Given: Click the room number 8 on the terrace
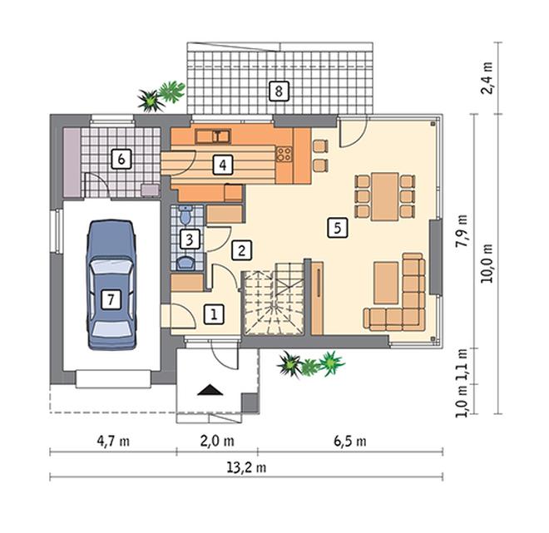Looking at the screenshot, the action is [x=279, y=91].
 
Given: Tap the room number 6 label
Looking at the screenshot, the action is [x=121, y=160].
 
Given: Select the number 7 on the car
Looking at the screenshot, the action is [x=111, y=299].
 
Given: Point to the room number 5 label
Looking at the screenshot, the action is [x=338, y=228].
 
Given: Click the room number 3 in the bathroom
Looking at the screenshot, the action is [x=190, y=239].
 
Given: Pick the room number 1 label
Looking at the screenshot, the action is [x=214, y=313].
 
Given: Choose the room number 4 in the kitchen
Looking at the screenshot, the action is [x=223, y=165].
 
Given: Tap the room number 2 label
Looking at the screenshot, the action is [x=241, y=250].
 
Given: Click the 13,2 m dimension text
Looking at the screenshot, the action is [x=246, y=467].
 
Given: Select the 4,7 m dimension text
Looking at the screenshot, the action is [x=113, y=442].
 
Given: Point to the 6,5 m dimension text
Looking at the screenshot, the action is [x=350, y=442].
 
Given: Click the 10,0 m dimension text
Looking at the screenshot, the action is [x=487, y=264].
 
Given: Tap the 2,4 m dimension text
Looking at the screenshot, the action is [x=487, y=78].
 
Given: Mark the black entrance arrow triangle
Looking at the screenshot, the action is [x=210, y=390].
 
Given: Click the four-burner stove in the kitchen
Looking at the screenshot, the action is [x=284, y=154].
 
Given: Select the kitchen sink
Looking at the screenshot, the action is [x=213, y=136].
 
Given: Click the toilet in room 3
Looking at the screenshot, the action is [x=185, y=215].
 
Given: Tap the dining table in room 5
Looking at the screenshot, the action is [x=385, y=196].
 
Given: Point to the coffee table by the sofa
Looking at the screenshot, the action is [x=386, y=283].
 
